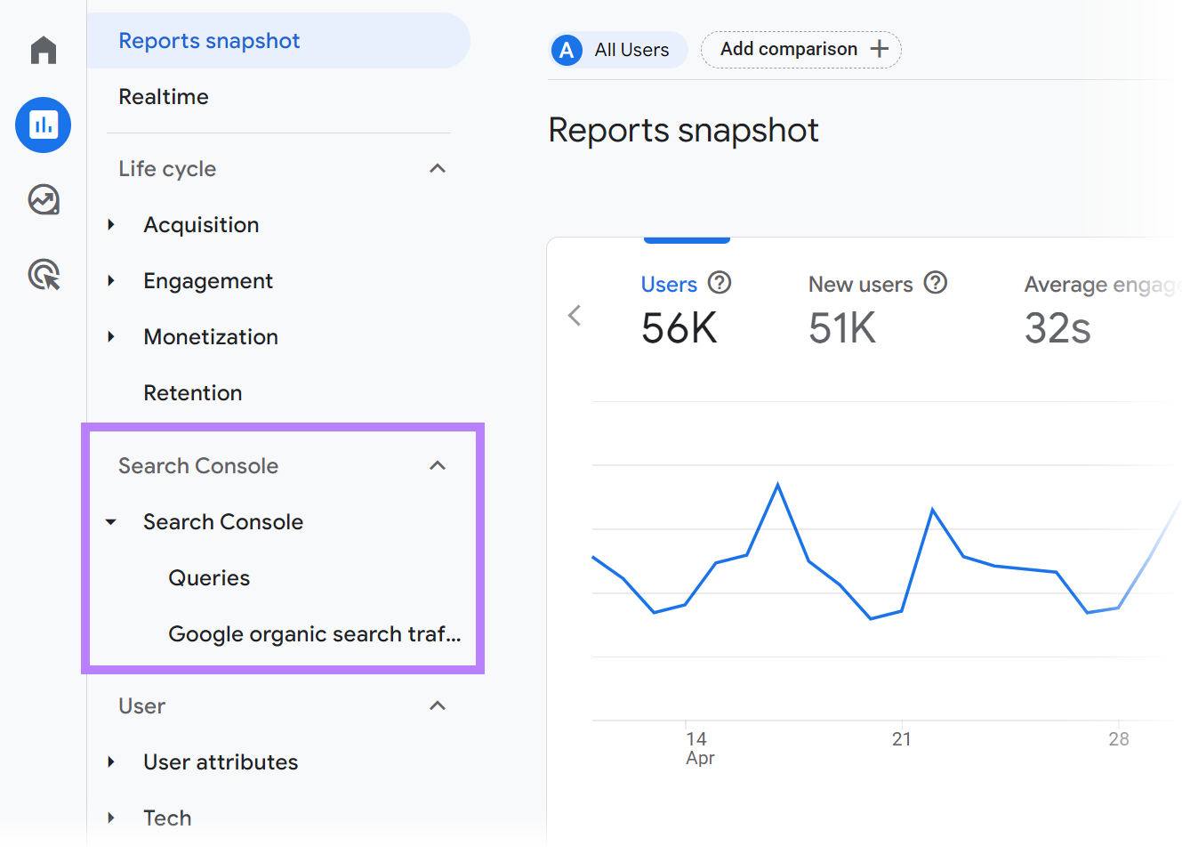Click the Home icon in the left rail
pos(43,50)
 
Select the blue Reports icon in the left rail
pos(43,125)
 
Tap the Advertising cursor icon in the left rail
pos(44,275)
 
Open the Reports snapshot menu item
pos(209,41)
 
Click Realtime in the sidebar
pos(164,97)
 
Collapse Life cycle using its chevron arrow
pos(437,169)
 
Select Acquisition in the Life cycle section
pos(201,225)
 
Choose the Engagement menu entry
pos(208,281)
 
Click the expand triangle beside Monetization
pos(111,337)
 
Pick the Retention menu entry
pos(193,393)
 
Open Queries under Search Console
pos(209,578)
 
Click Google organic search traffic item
pos(314,634)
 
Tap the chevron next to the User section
pos(437,706)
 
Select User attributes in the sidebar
pos(221,762)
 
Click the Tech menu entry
pos(167,818)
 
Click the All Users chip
pos(619,50)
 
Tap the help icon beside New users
pos(935,283)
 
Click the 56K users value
pos(679,328)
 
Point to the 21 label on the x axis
pos(901,739)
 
